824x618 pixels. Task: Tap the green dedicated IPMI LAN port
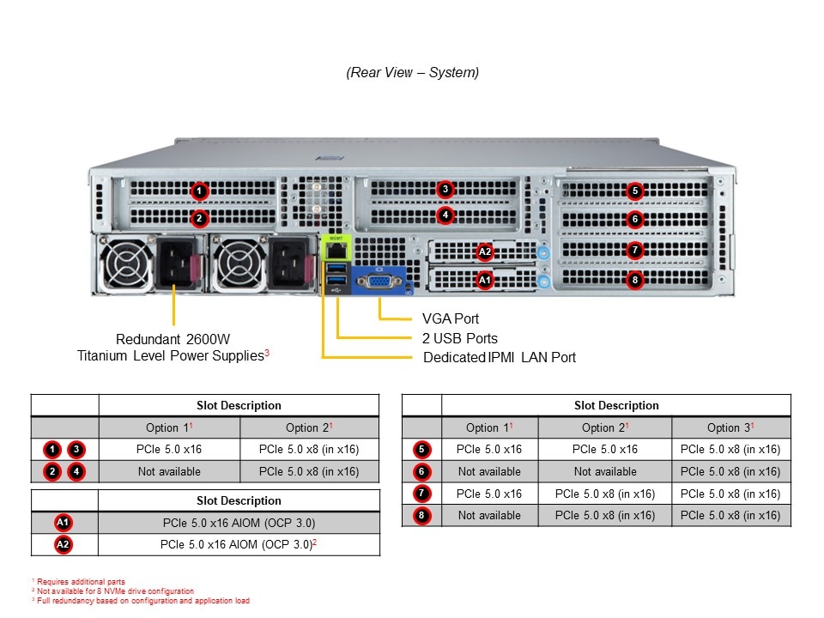(x=335, y=251)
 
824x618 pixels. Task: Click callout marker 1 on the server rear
(x=199, y=191)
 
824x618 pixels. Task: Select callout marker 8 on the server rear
(x=634, y=279)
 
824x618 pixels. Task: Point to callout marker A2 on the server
(x=485, y=251)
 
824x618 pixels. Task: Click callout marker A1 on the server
(x=485, y=279)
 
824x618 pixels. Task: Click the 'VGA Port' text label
(x=451, y=319)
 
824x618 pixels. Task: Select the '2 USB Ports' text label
(x=460, y=338)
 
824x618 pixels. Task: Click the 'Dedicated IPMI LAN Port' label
(x=500, y=357)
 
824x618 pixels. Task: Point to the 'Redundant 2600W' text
(x=174, y=338)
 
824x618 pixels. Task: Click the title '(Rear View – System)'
(x=413, y=73)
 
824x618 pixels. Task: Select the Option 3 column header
(x=730, y=427)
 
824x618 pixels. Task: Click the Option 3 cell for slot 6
(x=730, y=471)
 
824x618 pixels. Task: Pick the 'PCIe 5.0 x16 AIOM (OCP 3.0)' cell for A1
(x=239, y=523)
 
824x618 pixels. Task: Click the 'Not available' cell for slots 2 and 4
(x=169, y=471)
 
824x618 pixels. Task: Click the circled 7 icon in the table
(x=421, y=494)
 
